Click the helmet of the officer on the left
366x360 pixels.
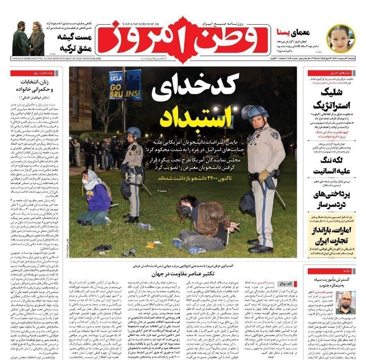click(x=133, y=133)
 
